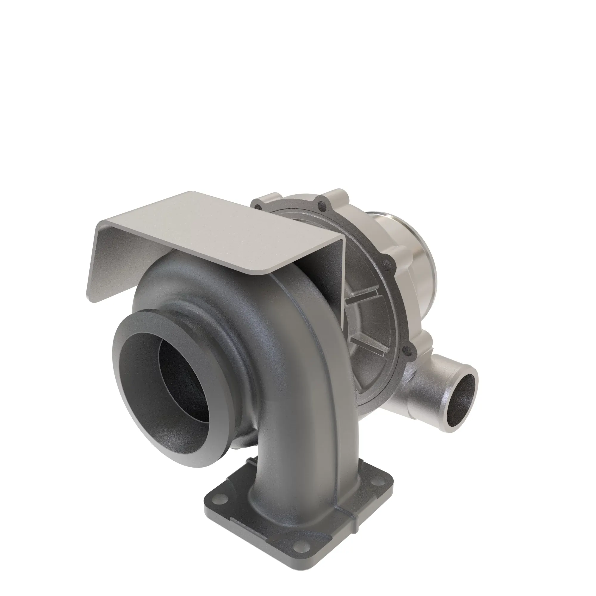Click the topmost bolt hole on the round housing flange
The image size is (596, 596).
coord(323,204)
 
